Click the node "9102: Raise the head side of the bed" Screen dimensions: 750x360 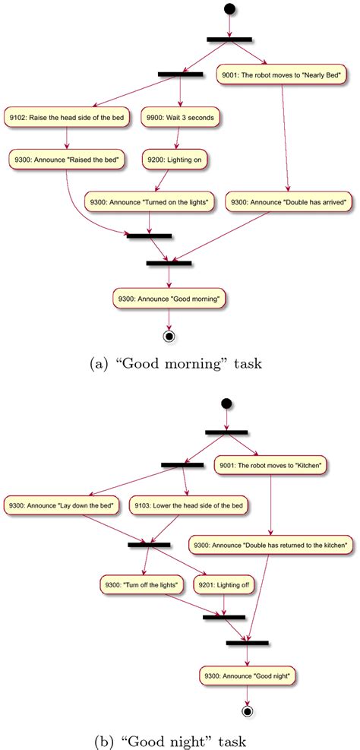[68, 117]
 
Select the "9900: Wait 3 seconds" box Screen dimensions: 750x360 [181, 117]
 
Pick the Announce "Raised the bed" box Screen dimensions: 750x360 [68, 160]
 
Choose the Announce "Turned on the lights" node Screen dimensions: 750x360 [150, 201]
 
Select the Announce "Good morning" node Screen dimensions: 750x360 [169, 299]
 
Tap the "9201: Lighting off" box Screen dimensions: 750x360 [224, 584]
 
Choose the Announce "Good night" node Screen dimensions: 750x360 [248, 674]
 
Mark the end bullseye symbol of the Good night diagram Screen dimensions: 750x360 [248, 712]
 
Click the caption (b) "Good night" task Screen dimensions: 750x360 [180, 739]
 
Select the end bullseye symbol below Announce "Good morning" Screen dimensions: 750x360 [169, 335]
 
